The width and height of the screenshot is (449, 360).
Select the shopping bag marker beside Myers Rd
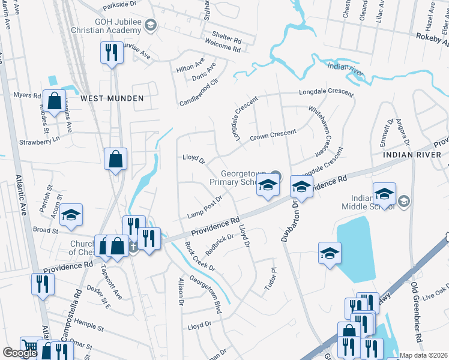click(55, 103)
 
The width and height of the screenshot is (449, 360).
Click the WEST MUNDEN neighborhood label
click(112, 98)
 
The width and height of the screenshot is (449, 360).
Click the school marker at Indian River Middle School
click(384, 194)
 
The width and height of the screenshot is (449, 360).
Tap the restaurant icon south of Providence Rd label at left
click(43, 284)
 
